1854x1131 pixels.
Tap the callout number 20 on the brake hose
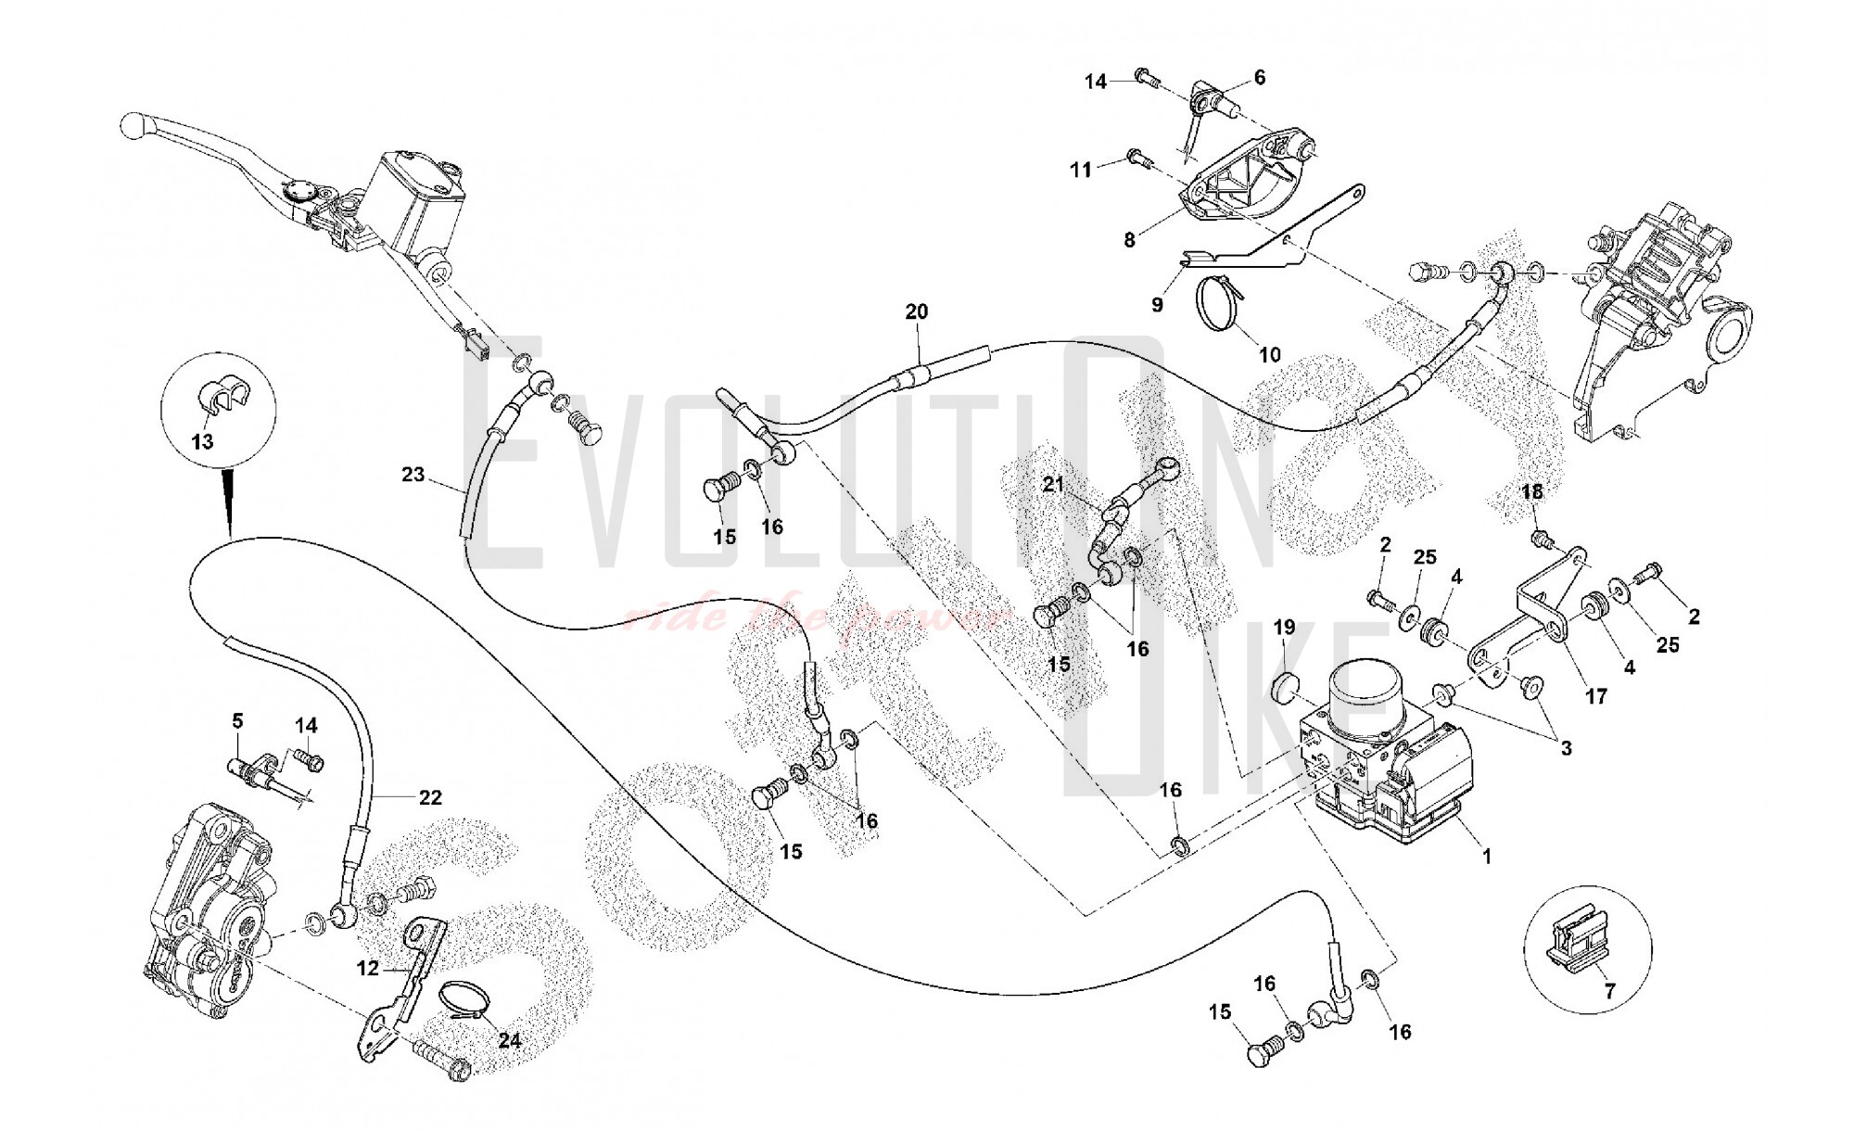[x=916, y=312]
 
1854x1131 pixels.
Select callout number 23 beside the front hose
[x=413, y=476]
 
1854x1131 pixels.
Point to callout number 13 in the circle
[x=202, y=441]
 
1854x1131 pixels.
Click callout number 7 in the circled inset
[x=1609, y=991]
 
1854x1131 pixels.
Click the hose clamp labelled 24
[x=467, y=1008]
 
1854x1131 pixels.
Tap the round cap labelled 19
[x=1285, y=688]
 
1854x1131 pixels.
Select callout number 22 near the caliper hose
[x=430, y=797]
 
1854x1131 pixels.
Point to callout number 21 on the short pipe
[x=1053, y=485]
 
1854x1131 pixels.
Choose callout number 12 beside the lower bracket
[x=368, y=968]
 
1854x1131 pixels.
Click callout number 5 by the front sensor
[x=237, y=720]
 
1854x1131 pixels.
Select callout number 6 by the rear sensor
[x=1259, y=79]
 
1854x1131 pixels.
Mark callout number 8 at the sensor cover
[x=1129, y=240]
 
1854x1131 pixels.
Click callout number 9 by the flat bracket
[x=1157, y=303]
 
